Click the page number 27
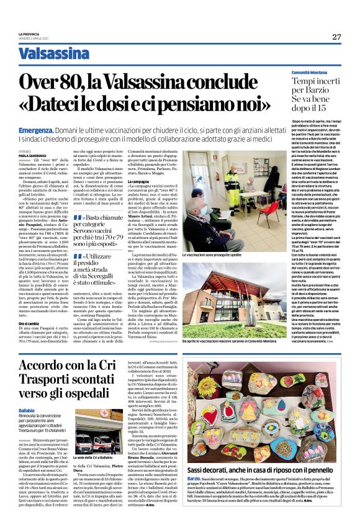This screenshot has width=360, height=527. coord(336,37)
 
